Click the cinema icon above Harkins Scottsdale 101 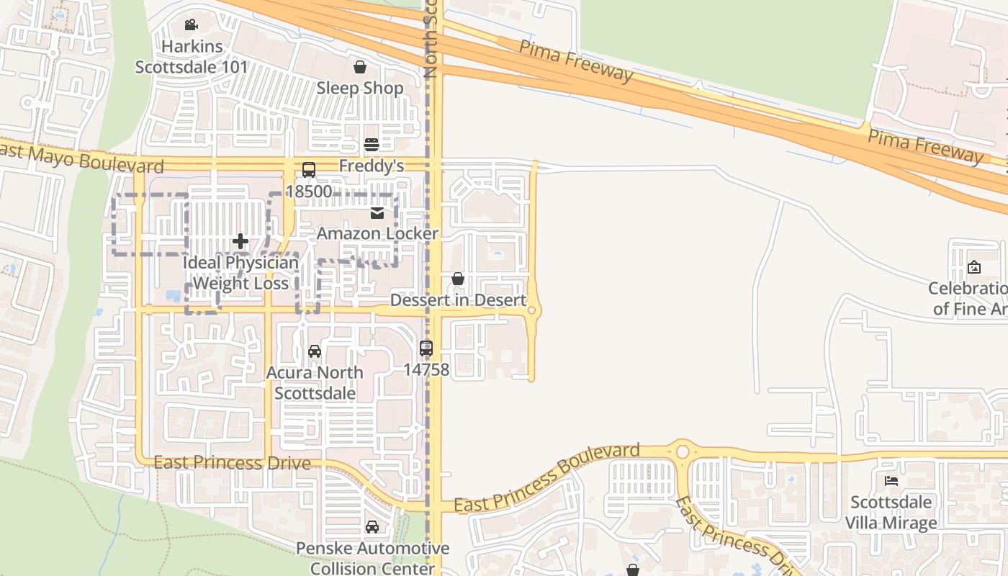point(191,25)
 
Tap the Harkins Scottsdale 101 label point(192,57)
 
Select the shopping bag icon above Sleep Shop point(360,67)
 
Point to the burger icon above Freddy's point(372,145)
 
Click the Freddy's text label point(372,166)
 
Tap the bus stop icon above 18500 point(309,170)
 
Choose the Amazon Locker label point(377,233)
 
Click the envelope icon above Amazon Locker point(377,212)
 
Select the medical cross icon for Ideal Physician point(240,241)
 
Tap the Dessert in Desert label point(458,300)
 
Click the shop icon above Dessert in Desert point(458,279)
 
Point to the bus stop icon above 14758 point(426,348)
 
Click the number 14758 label point(426,370)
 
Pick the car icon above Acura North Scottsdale point(315,351)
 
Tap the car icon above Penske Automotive point(372,527)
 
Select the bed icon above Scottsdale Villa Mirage point(891,480)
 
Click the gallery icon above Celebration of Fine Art point(974,267)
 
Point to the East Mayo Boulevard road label point(81,158)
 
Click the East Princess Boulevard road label point(547,478)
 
